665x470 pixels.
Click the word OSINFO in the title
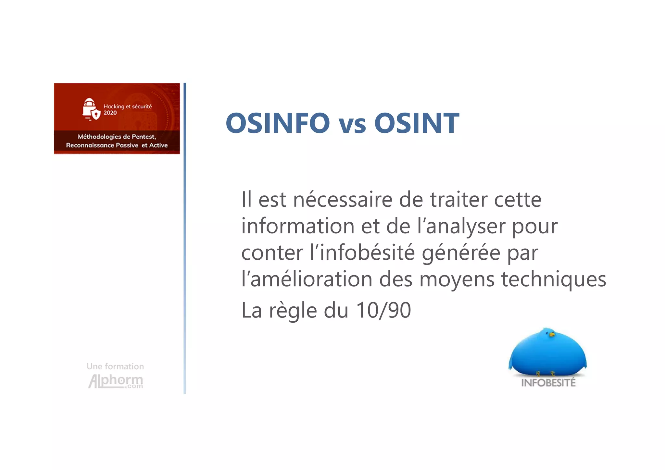click(x=278, y=123)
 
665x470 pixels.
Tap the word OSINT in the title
click(x=417, y=123)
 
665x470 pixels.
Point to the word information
click(x=297, y=226)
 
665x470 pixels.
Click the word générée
click(x=461, y=253)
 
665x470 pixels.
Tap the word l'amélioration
click(x=307, y=279)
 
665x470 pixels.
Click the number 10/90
click(x=383, y=310)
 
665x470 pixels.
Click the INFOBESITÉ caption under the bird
click(x=548, y=383)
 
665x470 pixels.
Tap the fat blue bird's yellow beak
click(x=551, y=334)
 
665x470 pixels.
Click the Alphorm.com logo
click(x=116, y=381)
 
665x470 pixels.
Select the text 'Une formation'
click(x=115, y=366)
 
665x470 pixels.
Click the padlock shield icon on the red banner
click(x=90, y=109)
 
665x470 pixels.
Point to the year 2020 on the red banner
click(x=110, y=113)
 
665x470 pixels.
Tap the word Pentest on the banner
click(x=144, y=137)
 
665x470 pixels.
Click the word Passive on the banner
click(x=127, y=145)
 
